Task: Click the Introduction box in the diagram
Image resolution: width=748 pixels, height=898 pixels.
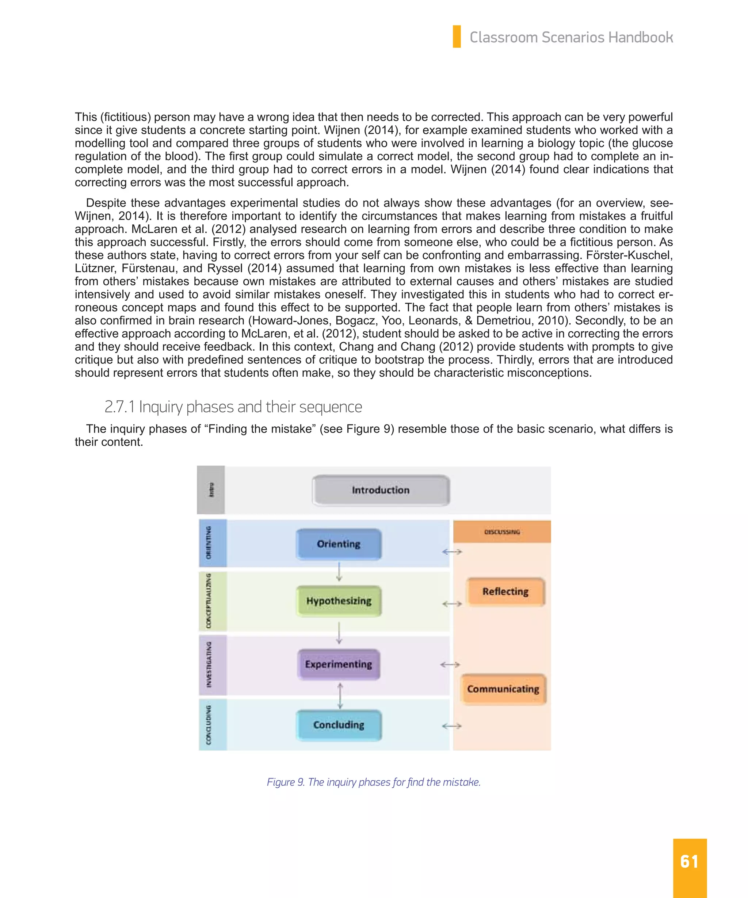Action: pos(381,490)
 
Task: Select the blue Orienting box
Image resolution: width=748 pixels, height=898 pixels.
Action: pos(339,544)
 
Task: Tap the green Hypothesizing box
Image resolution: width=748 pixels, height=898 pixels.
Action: pos(339,601)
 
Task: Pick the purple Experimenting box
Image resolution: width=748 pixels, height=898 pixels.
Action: pos(339,664)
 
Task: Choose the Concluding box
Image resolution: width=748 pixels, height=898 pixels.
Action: pos(339,725)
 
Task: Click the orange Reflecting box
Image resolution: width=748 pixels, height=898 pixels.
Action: pos(505,592)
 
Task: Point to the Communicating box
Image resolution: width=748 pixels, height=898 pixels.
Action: pos(503,689)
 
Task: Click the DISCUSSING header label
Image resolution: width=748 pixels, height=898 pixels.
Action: pos(502,532)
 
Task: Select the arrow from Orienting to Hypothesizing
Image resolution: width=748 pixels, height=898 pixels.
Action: pos(339,572)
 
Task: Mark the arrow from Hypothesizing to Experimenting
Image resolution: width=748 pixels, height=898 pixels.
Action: pos(339,633)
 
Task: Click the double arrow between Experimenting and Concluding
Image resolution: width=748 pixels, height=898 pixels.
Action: pos(340,696)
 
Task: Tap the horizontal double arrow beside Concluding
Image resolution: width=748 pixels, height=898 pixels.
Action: pos(451,726)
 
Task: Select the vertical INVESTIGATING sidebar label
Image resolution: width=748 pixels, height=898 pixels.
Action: pos(209,665)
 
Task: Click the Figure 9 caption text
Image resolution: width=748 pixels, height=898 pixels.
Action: pos(374,782)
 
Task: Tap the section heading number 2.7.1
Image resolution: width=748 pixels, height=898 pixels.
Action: pos(119,407)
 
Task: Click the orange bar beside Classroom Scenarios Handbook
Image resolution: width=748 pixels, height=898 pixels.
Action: pos(457,37)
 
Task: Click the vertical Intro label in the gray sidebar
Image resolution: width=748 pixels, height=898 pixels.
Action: pos(211,490)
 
